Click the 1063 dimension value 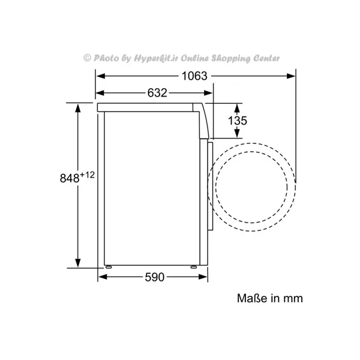[x=194, y=76]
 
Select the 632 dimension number [x=157, y=93]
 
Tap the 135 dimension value [x=238, y=121]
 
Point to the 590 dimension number [x=155, y=277]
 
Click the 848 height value [x=70, y=178]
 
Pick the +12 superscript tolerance [x=87, y=175]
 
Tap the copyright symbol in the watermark [x=87, y=58]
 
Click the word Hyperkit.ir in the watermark [x=156, y=58]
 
